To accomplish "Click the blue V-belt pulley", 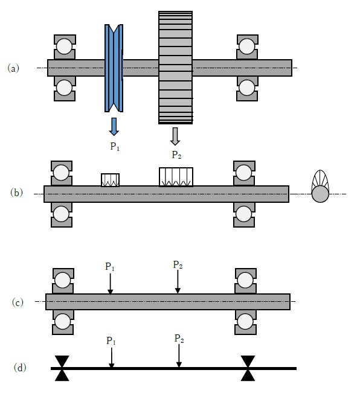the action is pyautogui.click(x=114, y=68).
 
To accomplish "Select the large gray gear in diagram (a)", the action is pyautogui.click(x=176, y=68).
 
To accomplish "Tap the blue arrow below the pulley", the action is pyautogui.click(x=114, y=127).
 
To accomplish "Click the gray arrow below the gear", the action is pyautogui.click(x=175, y=136).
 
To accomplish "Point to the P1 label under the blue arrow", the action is pyautogui.click(x=115, y=147).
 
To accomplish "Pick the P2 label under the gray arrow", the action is pyautogui.click(x=176, y=155).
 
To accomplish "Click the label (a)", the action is pyautogui.click(x=13, y=68).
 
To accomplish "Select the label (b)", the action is pyautogui.click(x=16, y=193).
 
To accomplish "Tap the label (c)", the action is pyautogui.click(x=18, y=302).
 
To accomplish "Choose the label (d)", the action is pyautogui.click(x=20, y=368).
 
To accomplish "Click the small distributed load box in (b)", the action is pyautogui.click(x=110, y=180).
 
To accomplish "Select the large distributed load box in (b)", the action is pyautogui.click(x=176, y=177).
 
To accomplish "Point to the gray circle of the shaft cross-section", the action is pyautogui.click(x=320, y=194).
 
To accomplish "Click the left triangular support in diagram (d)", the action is pyautogui.click(x=62, y=368).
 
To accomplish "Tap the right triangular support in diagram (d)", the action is pyautogui.click(x=248, y=368).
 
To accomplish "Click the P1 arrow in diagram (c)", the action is pyautogui.click(x=110, y=284).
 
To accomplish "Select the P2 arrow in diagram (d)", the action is pyautogui.click(x=179, y=356).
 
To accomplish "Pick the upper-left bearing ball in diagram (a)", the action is pyautogui.click(x=64, y=46).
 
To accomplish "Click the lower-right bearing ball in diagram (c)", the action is pyautogui.click(x=245, y=322).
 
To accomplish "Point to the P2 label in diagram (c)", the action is pyautogui.click(x=178, y=264).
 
